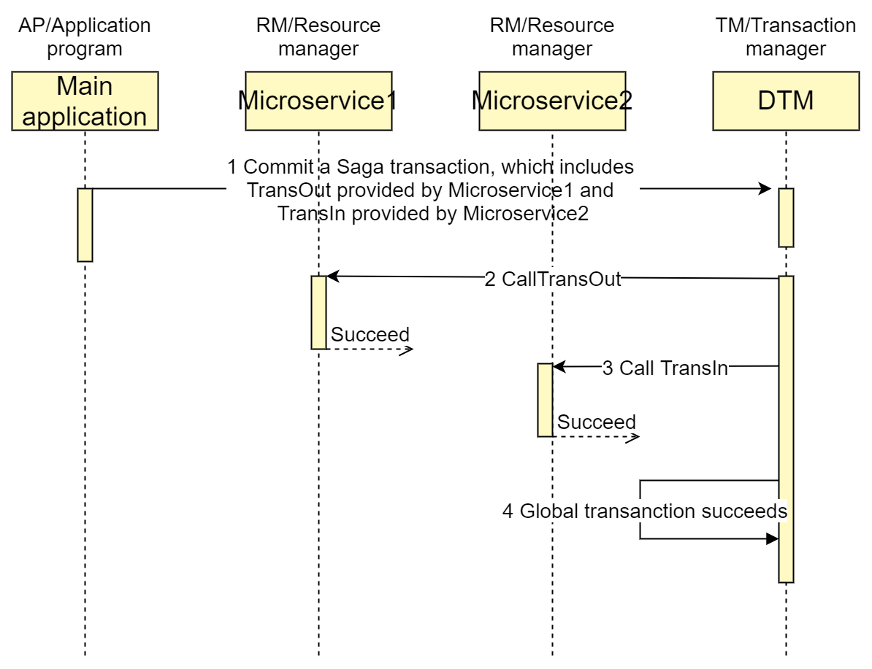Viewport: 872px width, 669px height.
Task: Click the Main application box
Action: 85,101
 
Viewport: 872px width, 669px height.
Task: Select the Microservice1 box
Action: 318,101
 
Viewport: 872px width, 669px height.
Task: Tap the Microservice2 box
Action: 552,101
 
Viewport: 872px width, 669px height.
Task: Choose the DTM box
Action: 786,101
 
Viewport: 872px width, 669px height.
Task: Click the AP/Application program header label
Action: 85,37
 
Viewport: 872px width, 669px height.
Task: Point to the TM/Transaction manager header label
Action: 786,37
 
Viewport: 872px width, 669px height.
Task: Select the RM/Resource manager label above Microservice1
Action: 318,37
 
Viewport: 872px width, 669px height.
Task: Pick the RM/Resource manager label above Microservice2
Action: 552,37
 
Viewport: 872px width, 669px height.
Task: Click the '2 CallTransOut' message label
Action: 553,279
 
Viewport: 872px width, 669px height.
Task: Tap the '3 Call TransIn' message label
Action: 665,368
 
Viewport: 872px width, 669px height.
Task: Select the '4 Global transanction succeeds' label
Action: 645,511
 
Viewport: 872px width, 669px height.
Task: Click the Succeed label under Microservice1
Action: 370,335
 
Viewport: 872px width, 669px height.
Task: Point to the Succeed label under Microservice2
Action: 597,422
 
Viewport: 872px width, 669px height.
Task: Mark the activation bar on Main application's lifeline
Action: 85,225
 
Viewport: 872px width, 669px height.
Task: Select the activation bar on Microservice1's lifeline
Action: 318,312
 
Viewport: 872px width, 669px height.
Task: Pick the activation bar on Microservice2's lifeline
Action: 545,400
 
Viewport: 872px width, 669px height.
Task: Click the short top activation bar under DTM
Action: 786,217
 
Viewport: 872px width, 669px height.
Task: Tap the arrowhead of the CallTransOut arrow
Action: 332,277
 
